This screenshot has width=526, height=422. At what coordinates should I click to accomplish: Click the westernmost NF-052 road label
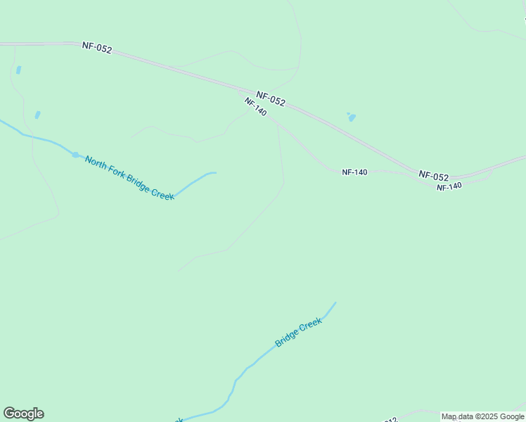(x=96, y=48)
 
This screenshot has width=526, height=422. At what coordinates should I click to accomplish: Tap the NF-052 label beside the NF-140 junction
(x=271, y=99)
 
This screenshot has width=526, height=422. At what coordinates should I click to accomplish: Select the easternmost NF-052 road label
(x=433, y=176)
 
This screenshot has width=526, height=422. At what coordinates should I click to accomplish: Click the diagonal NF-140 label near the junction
(x=255, y=107)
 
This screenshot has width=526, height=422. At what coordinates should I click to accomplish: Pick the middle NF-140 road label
(x=354, y=172)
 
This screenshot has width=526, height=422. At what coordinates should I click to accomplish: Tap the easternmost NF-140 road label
(x=449, y=186)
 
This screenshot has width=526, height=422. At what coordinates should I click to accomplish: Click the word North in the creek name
(x=98, y=162)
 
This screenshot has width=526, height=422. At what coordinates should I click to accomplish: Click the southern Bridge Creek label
(x=298, y=333)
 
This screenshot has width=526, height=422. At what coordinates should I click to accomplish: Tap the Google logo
(x=23, y=414)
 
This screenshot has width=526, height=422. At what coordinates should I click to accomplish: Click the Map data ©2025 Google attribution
(x=483, y=416)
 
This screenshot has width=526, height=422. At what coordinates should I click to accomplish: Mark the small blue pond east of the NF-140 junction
(x=351, y=117)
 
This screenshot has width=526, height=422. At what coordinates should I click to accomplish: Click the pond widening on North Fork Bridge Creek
(x=75, y=154)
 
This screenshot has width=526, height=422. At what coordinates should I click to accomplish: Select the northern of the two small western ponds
(x=18, y=70)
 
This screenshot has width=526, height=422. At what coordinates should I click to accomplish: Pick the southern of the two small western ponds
(x=37, y=115)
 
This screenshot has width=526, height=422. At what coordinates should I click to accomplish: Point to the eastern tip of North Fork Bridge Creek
(x=214, y=172)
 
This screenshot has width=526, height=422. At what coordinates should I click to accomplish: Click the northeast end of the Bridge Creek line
(x=335, y=303)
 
